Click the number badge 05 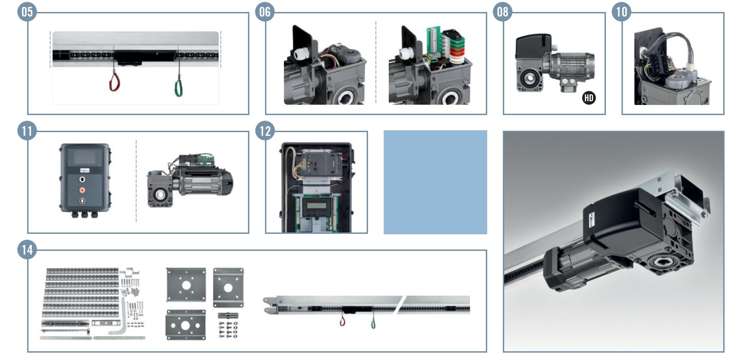tap(27, 12)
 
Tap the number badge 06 tap(265, 12)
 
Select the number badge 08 tap(502, 12)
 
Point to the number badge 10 tap(622, 12)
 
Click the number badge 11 tap(27, 131)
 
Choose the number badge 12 tap(265, 131)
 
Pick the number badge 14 tap(27, 250)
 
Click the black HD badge tap(588, 98)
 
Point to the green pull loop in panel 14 tap(373, 324)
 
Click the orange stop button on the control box tap(82, 190)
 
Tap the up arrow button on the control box tap(82, 180)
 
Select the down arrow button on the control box tap(82, 201)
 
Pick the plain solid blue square tap(435, 182)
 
